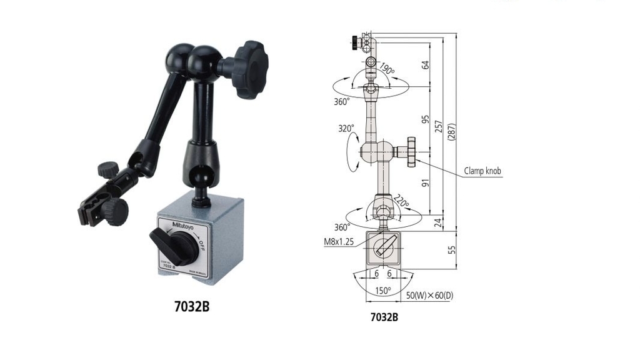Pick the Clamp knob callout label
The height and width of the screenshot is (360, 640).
point(482,170)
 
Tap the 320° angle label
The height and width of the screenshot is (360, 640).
point(346,128)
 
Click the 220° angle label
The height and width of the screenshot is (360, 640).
point(401,202)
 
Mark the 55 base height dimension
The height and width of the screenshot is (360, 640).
point(452,250)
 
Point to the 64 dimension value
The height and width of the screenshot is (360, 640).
point(426,64)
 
